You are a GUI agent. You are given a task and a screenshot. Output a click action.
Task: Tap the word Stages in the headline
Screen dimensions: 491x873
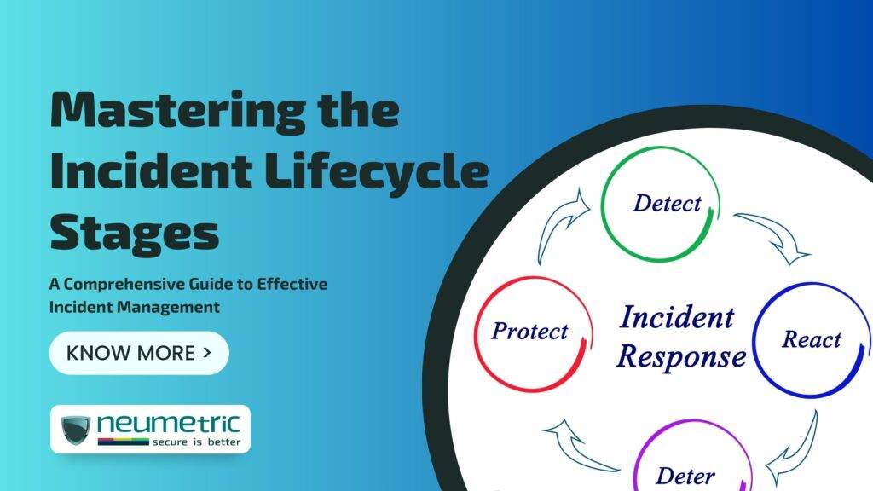point(134,232)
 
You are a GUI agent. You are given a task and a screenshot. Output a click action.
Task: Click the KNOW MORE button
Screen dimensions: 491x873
point(139,353)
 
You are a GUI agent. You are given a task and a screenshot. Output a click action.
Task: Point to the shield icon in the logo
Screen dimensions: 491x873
point(76,430)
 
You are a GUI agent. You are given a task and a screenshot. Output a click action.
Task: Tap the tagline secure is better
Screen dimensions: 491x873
point(195,442)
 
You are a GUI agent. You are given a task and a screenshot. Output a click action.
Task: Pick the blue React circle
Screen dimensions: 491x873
point(811,340)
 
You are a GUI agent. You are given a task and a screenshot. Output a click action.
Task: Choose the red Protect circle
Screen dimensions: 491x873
point(529,332)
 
